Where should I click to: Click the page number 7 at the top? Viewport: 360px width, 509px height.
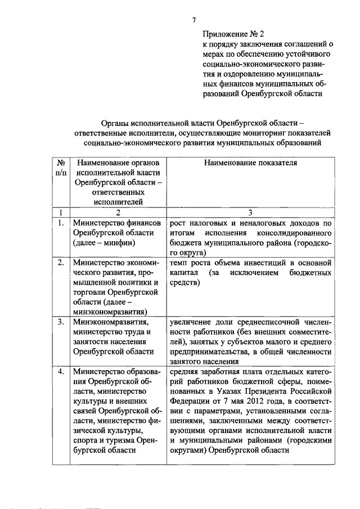194,20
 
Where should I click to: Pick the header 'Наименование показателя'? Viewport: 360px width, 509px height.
251,162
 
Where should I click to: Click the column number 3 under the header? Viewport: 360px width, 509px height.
251,213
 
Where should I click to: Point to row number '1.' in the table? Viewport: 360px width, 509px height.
61,223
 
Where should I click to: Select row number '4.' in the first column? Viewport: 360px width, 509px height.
61,371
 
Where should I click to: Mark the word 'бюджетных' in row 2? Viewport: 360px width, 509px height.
309,273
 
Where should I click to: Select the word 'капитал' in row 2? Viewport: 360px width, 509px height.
182,273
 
